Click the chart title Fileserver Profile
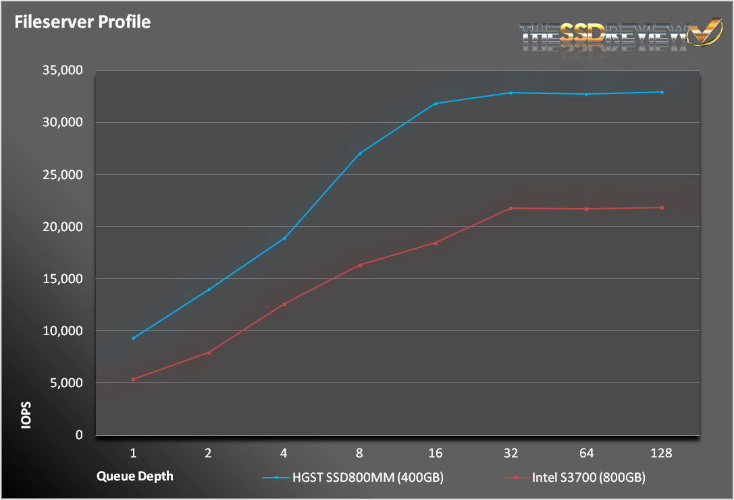click(x=83, y=22)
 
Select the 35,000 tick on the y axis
click(x=63, y=70)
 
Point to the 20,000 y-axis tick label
click(x=63, y=227)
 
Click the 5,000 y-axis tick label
click(x=65, y=383)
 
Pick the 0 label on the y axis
click(x=78, y=435)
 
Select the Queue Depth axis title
click(x=134, y=476)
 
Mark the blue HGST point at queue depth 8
click(x=360, y=153)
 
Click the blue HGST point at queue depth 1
click(x=133, y=338)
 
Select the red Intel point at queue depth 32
click(x=511, y=208)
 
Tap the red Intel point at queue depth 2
click(x=209, y=353)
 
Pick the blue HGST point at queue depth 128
click(x=662, y=92)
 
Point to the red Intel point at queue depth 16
click(x=436, y=243)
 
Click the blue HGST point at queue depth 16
click(x=436, y=103)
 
